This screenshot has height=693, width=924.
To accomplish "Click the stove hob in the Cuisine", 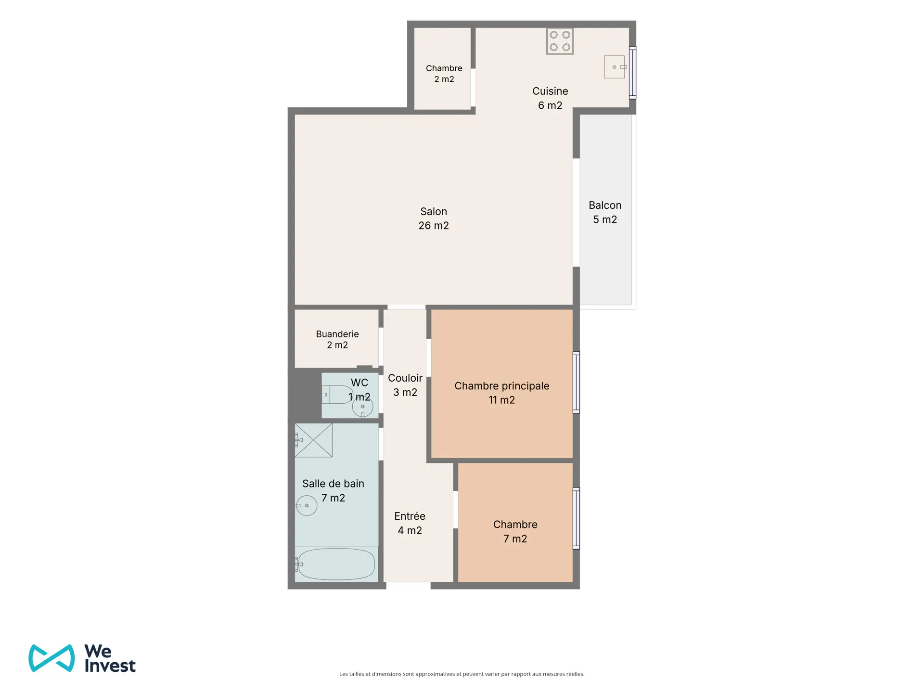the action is point(560,41).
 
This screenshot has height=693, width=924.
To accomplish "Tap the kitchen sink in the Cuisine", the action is point(615,67).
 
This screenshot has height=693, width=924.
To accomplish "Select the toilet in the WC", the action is point(338,395).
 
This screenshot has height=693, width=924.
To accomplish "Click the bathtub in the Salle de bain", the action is point(336,564).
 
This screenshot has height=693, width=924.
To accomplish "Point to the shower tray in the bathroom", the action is point(313,440).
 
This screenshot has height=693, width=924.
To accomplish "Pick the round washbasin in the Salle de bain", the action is point(306,505).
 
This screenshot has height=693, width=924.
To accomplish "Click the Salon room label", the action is point(434,211).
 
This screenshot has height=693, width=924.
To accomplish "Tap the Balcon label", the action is point(605,205).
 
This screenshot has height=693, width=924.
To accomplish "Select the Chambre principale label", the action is point(501,386).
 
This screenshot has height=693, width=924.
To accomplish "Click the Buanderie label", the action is point(337,334).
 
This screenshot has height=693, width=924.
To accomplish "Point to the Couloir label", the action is point(405,378).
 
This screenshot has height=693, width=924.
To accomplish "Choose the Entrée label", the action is point(410,516).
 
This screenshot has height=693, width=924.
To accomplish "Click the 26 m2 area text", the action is point(434,226).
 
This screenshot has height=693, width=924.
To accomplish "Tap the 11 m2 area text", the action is point(501,400).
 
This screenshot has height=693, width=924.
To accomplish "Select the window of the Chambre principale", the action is point(576,382).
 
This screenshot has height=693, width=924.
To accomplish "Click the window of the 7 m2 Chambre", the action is point(576,518).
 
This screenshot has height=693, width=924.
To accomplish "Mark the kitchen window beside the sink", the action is point(633,73).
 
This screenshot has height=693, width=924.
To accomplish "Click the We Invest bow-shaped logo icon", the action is point(51,658).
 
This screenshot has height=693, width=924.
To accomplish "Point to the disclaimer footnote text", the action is point(462,674).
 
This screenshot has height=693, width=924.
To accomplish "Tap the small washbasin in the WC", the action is point(362,408).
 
